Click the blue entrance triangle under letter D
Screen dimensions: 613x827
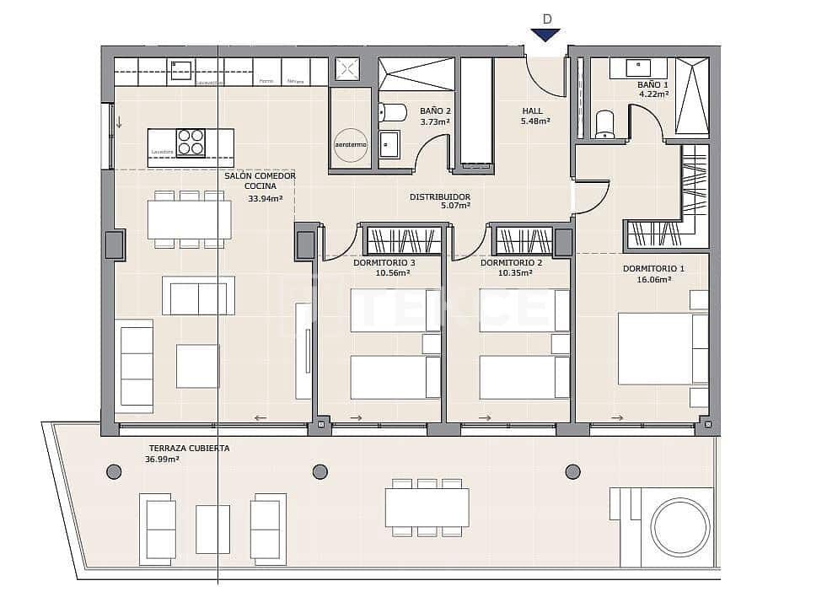tap(545, 35)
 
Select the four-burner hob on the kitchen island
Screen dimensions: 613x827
tap(191, 142)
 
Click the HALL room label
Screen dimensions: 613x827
tap(532, 110)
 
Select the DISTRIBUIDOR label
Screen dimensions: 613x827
tap(439, 197)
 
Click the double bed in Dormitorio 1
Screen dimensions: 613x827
tap(663, 348)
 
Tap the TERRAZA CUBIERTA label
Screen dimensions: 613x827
tap(189, 449)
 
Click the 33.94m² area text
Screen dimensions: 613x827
tap(265, 199)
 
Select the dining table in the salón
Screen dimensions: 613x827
tap(190, 219)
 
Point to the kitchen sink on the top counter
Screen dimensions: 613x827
tap(180, 70)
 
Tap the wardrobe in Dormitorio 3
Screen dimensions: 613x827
tap(403, 240)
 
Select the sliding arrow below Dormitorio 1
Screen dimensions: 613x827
tap(617, 418)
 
